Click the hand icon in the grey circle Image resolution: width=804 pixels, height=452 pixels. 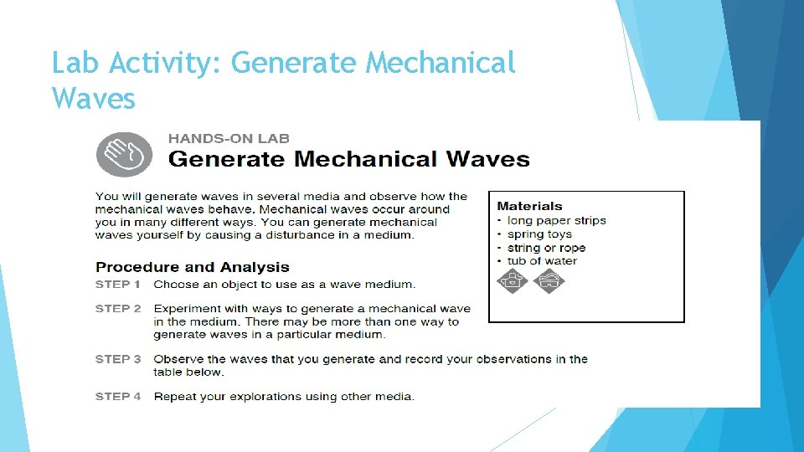pyautogui.click(x=125, y=153)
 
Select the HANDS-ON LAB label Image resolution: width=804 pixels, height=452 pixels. pyautogui.click(x=229, y=138)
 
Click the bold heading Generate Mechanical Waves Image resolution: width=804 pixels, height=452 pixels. pyautogui.click(x=349, y=159)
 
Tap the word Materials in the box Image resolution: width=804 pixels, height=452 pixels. pyautogui.click(x=529, y=206)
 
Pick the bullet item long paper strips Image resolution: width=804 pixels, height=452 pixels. pyautogui.click(x=556, y=221)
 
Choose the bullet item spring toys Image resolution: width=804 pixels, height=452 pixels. pyautogui.click(x=539, y=234)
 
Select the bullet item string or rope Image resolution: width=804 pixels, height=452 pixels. pyautogui.click(x=546, y=248)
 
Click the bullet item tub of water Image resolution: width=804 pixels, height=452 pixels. pyautogui.click(x=542, y=261)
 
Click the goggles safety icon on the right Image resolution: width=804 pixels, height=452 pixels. pyautogui.click(x=549, y=281)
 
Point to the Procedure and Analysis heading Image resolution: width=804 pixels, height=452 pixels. pyautogui.click(x=193, y=267)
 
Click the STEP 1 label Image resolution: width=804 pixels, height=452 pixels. pyautogui.click(x=118, y=285)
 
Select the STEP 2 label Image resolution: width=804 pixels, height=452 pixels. pyautogui.click(x=118, y=309)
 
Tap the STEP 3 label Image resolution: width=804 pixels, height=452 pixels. pyautogui.click(x=118, y=359)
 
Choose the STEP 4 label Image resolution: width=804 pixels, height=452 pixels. pyautogui.click(x=118, y=397)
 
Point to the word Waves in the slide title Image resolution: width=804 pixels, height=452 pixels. pyautogui.click(x=93, y=99)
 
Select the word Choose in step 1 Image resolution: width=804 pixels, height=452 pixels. pyautogui.click(x=176, y=285)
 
